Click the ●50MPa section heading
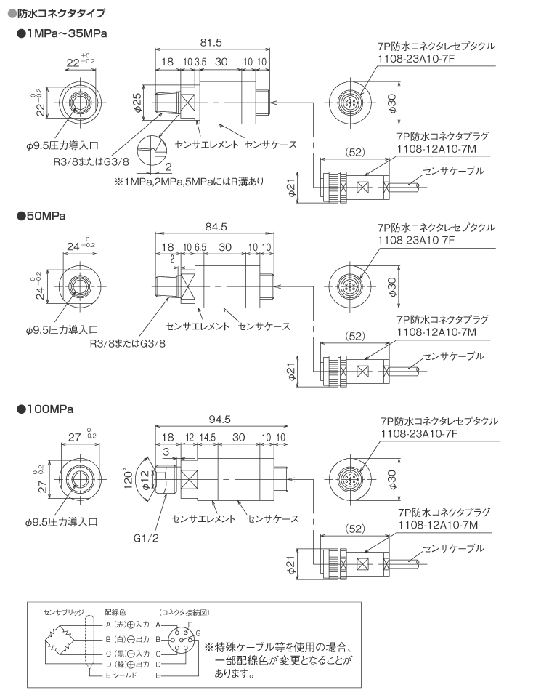[x=41, y=216]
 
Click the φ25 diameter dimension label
[x=138, y=103]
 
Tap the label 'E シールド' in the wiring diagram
[x=109, y=676]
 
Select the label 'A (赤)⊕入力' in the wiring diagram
[x=117, y=625]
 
